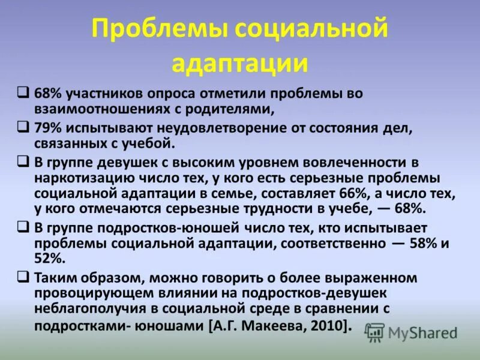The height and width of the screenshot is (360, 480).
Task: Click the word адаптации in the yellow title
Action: click(240, 62)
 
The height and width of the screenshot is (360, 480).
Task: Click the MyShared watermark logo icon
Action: click(375, 332)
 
